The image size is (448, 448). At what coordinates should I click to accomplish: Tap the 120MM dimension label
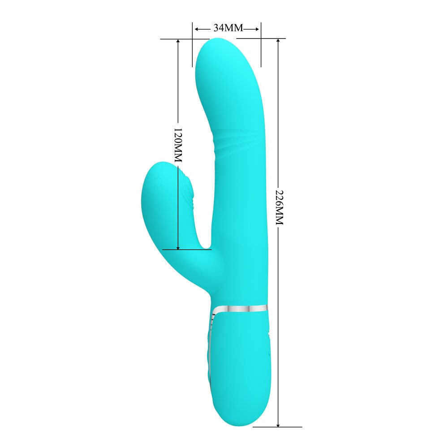(178, 145)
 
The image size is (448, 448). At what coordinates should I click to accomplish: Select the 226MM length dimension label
(279, 207)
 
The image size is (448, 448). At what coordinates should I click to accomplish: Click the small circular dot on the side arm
(157, 181)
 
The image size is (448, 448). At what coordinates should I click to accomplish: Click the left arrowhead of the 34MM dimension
(195, 29)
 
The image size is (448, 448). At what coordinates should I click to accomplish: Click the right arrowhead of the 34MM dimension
(258, 29)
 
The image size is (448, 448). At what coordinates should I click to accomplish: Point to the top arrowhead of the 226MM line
(278, 41)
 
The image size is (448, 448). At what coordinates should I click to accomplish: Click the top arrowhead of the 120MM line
(178, 42)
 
